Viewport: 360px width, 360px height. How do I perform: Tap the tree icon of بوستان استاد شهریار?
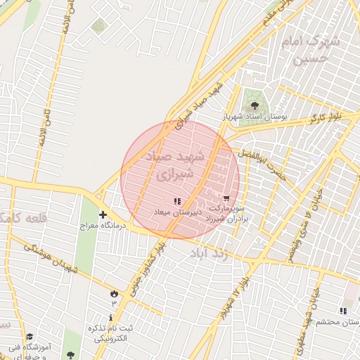point(255,105)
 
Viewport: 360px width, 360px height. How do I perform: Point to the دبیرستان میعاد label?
point(177,211)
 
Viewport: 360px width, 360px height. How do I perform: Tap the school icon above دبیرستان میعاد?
point(176,201)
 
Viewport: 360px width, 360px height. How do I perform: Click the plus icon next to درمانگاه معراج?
point(103,214)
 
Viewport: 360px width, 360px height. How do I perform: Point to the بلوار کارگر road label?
point(328,115)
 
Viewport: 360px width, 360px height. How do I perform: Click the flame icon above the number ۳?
point(114,292)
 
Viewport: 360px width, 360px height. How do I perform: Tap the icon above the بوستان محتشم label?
point(343,310)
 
